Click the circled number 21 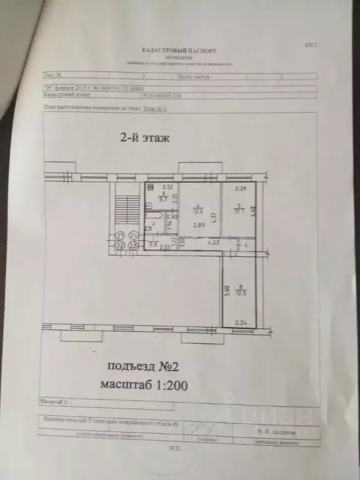[x=121, y=236]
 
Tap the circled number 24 [x=133, y=236]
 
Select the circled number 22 [x=121, y=245]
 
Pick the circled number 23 [x=133, y=245]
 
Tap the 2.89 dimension [x=199, y=225]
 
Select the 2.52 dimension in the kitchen [x=167, y=187]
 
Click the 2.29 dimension [x=240, y=188]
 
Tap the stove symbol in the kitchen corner [x=150, y=187]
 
